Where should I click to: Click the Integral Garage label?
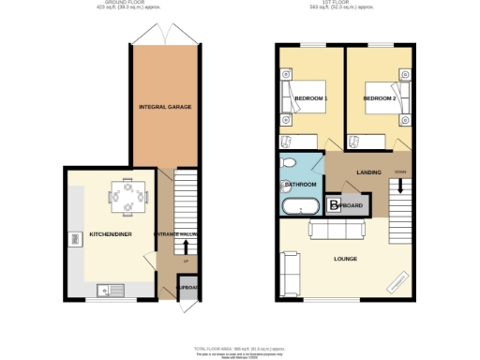coord(166,107)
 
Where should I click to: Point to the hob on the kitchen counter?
coord(72,241)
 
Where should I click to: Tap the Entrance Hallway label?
coord(176,234)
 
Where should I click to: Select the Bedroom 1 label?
coord(309,97)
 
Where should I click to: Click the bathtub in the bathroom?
coord(299,206)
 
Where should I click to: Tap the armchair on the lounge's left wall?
coord(288,268)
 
